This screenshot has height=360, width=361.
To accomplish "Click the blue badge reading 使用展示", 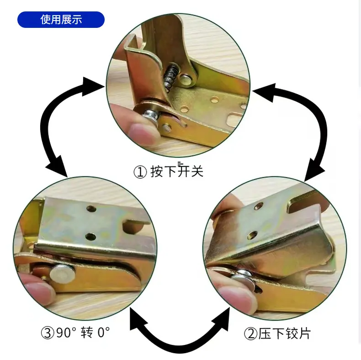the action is coord(61,20).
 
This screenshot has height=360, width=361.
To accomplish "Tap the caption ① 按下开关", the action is coord(169,171).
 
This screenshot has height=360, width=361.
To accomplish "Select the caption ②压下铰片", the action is coord(277,334).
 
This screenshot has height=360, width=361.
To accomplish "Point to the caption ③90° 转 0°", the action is coord(75,333).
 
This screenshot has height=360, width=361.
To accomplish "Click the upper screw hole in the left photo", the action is coord(91,209).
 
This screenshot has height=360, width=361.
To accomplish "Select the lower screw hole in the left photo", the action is coord(90,237).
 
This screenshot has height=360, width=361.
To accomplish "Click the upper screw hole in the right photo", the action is coord(259,206).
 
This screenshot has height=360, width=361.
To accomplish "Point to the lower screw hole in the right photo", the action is coord(252,235).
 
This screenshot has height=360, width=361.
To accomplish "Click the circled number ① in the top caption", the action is coord(140,172).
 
